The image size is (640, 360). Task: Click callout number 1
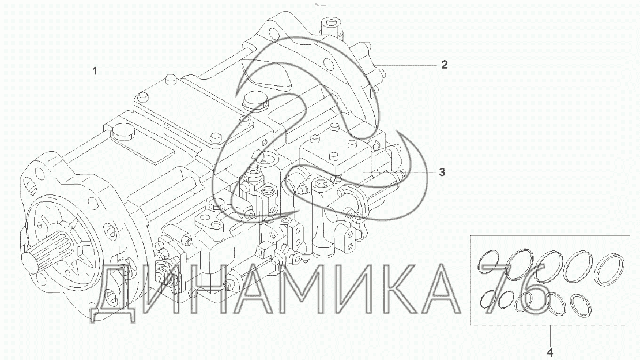[95, 72]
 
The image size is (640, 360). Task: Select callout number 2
[445, 65]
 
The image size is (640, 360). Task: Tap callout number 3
[442, 172]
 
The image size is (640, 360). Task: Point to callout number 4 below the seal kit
[550, 352]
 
